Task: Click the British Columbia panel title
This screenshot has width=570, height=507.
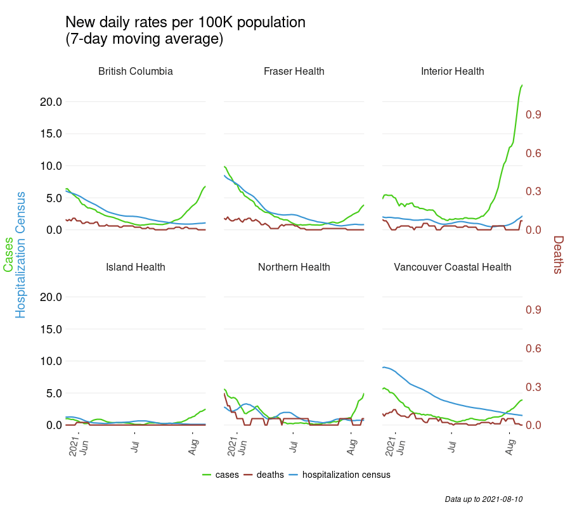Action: point(135,72)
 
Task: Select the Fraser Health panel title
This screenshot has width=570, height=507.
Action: point(294,72)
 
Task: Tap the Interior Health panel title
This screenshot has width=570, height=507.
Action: point(452,72)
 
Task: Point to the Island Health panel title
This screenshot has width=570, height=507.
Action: point(135,267)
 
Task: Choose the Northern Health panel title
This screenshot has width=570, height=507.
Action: point(294,267)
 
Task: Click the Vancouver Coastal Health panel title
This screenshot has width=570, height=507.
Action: point(452,267)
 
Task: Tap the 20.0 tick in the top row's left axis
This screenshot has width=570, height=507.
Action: point(49,102)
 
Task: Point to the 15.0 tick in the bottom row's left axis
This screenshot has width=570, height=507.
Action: point(49,329)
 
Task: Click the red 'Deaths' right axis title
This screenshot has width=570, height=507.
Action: point(558,254)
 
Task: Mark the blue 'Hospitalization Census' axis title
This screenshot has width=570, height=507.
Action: point(21,254)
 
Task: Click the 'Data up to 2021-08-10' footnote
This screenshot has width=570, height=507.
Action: point(483,499)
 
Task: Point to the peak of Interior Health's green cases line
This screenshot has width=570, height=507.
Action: point(522,85)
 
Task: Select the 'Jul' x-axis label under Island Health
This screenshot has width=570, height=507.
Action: point(134,447)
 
